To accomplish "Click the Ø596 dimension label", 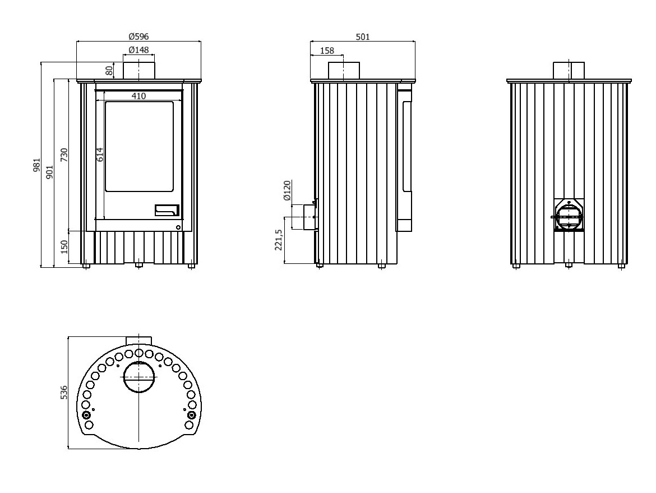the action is pyautogui.click(x=138, y=36).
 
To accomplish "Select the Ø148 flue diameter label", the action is pyautogui.click(x=138, y=50).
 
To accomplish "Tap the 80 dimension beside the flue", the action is pyautogui.click(x=109, y=71).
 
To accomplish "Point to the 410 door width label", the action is pyautogui.click(x=138, y=96).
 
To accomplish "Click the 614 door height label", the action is pyautogui.click(x=100, y=155).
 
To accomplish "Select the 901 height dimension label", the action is pyautogui.click(x=49, y=172).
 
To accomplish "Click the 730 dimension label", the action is pyautogui.click(x=64, y=155).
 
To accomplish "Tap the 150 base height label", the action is pyautogui.click(x=64, y=247).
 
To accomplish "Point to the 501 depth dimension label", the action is pyautogui.click(x=363, y=37).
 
